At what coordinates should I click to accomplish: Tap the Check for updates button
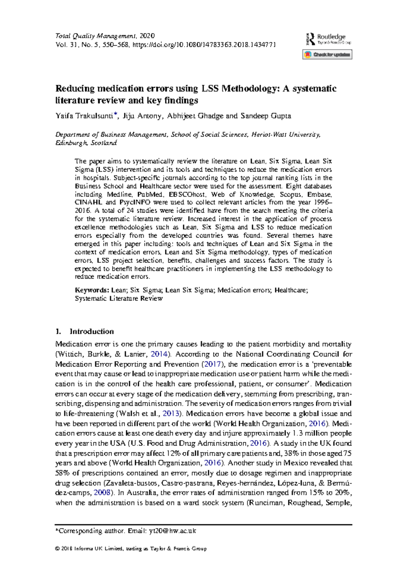click(x=327, y=55)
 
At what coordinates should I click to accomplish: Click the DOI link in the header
click(x=204, y=44)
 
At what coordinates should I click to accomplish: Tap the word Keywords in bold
click(x=92, y=290)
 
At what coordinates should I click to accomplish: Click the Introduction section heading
click(x=91, y=331)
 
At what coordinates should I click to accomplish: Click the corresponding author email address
click(x=172, y=531)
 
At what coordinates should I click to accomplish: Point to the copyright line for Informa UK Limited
click(x=131, y=548)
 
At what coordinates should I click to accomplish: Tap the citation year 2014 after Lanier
click(x=159, y=354)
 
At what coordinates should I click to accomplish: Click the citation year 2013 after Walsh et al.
click(x=171, y=413)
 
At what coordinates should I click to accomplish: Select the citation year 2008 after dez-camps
click(x=102, y=493)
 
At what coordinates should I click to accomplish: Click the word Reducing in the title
click(x=75, y=89)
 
